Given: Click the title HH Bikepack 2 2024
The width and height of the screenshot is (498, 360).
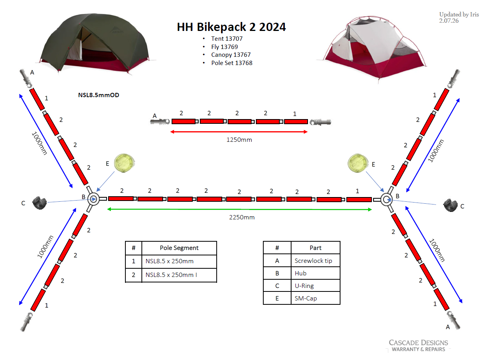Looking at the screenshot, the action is pos(231,27).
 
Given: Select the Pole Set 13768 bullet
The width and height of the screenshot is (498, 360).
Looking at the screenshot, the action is pos(232,63).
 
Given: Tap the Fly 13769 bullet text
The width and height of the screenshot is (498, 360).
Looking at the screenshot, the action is pos(225,47).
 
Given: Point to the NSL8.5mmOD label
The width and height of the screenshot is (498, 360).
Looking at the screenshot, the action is pos(98,95).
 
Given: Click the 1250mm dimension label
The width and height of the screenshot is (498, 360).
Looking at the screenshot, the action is pos(239,140).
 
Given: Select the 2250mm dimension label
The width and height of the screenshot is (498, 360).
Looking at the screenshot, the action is pos(242,217).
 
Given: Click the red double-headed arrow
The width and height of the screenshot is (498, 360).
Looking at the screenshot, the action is pos(239,132).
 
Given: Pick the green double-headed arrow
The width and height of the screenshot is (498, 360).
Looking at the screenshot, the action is pos(239,209).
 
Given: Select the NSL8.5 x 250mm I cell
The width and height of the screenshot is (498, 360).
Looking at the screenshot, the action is pos(179,275).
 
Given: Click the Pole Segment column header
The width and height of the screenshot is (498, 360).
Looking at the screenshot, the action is pos(179,248).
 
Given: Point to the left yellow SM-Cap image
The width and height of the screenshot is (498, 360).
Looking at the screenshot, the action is pos(124,163).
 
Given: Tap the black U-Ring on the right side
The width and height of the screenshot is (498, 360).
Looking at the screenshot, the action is pos(450,205).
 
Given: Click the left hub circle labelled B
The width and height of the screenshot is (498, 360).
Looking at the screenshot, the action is pos(93,199).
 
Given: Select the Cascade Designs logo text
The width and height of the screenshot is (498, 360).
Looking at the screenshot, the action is pos(418,346).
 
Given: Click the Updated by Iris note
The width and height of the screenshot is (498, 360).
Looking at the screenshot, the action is pos(459,18).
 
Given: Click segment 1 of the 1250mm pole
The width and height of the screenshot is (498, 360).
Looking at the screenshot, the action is pos(296,122).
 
